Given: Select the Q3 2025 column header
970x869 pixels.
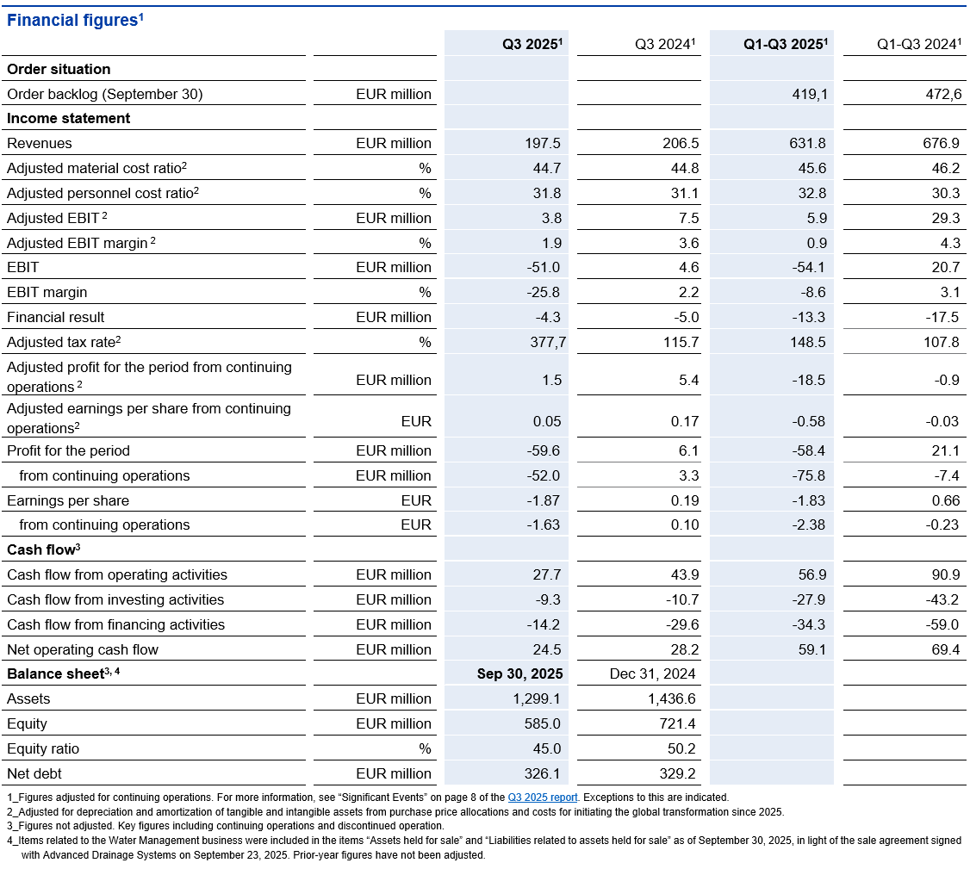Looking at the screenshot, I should click(532, 45).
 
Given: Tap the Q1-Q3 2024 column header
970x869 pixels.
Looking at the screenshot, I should click(918, 45).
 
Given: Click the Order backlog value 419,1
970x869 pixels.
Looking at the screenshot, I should click(810, 94).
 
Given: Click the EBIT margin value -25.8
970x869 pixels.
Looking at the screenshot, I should click(544, 292).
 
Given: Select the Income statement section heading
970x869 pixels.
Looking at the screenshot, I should click(69, 119).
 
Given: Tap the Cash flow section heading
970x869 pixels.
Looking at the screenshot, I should click(44, 549).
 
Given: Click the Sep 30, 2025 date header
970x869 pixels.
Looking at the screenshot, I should click(519, 673).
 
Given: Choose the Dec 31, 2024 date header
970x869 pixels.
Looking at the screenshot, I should click(653, 673).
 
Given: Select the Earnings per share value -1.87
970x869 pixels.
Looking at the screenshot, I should click(544, 500).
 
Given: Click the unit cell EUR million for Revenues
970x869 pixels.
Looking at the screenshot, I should click(394, 144).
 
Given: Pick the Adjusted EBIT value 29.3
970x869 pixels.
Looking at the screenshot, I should click(944, 218).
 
